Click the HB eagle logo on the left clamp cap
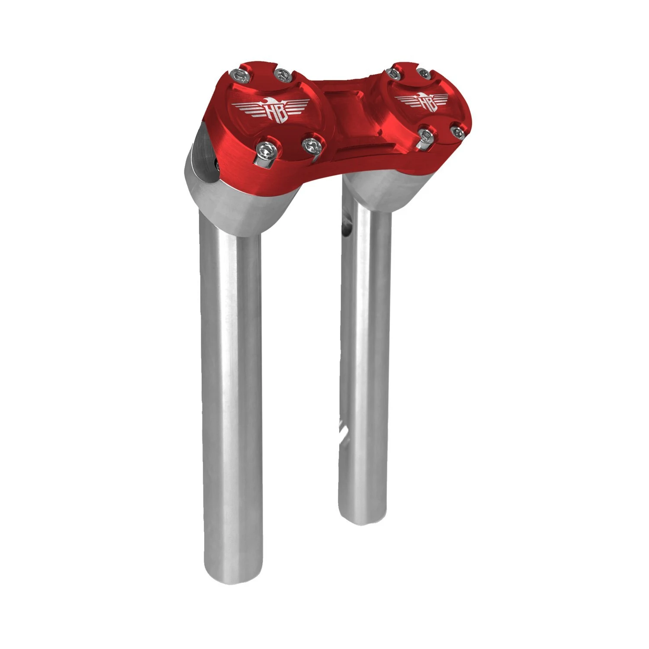[271, 110]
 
